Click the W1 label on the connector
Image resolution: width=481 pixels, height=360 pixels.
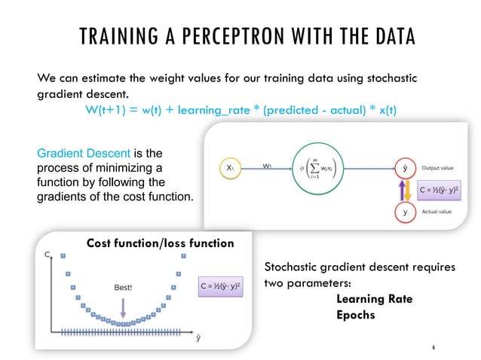[268, 164]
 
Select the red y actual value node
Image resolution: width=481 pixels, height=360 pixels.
[407, 212]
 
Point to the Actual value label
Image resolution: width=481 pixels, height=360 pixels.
[440, 212]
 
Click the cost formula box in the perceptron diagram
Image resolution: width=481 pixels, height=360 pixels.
[446, 190]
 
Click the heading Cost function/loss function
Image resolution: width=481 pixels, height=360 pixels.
[161, 243]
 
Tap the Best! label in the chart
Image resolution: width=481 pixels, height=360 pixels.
[123, 287]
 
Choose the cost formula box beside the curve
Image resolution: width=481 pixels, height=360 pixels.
[220, 287]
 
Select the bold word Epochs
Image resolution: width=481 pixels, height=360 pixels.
[355, 315]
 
